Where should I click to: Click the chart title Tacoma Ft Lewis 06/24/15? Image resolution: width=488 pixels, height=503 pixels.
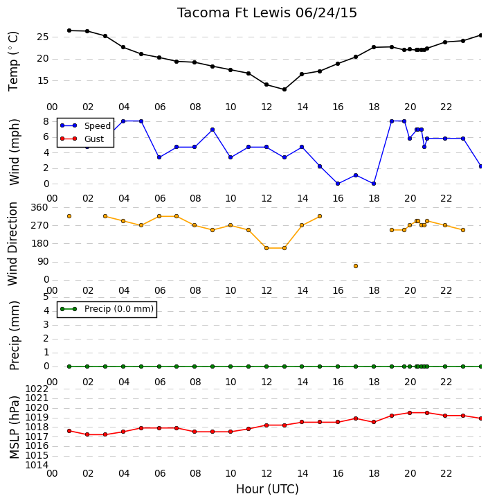point(267,13)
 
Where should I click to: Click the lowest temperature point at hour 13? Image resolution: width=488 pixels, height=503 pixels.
point(284,89)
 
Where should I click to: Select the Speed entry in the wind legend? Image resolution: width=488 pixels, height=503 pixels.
point(98,126)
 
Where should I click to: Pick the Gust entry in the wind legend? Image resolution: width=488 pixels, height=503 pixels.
point(94,139)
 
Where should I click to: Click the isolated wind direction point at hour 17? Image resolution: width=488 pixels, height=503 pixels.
point(356,266)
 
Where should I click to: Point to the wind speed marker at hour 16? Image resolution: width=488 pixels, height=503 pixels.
point(338,184)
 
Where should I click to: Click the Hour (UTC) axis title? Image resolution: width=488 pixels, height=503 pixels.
point(267,489)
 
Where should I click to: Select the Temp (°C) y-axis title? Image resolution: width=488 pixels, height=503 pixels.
point(13,61)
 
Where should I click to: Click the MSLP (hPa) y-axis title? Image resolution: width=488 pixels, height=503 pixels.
point(14,427)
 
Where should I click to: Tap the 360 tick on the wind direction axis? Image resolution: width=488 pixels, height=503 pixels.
point(39,207)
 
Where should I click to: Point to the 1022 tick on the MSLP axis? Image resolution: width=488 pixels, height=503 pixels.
point(37,389)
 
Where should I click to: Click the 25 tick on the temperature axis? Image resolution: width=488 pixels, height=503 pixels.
point(43,37)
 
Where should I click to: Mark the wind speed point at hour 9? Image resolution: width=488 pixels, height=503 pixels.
point(213,130)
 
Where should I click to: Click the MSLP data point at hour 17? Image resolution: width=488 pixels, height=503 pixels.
point(356,418)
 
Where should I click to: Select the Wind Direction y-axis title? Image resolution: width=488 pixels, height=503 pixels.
point(13,244)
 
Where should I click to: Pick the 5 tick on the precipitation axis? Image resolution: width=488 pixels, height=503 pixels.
point(46,297)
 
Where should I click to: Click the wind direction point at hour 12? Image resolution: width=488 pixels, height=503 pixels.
point(266,248)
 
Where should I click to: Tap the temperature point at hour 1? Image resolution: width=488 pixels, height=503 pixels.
point(69,30)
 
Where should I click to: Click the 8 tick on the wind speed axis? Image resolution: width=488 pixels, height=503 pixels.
point(46,121)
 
